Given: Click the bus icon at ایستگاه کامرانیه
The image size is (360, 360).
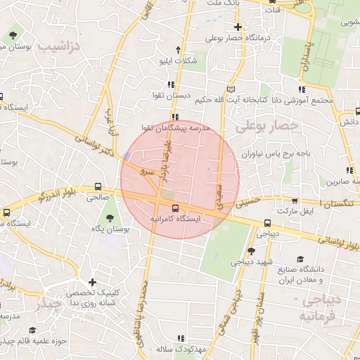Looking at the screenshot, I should coord(174,208).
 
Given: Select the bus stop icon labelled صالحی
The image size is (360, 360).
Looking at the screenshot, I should coord(98,188).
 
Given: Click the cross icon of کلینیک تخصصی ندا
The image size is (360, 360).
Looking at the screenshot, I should coord(92,282).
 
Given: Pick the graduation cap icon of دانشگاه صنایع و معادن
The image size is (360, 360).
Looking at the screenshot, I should coord(301,259).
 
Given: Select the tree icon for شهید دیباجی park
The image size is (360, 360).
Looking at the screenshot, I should coord(252,251).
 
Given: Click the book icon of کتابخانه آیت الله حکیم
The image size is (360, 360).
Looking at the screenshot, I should coord(233,89).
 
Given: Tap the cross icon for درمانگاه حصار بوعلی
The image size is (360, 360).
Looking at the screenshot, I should coord(238,27).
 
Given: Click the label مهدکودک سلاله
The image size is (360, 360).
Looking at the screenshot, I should coord(179,349).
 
